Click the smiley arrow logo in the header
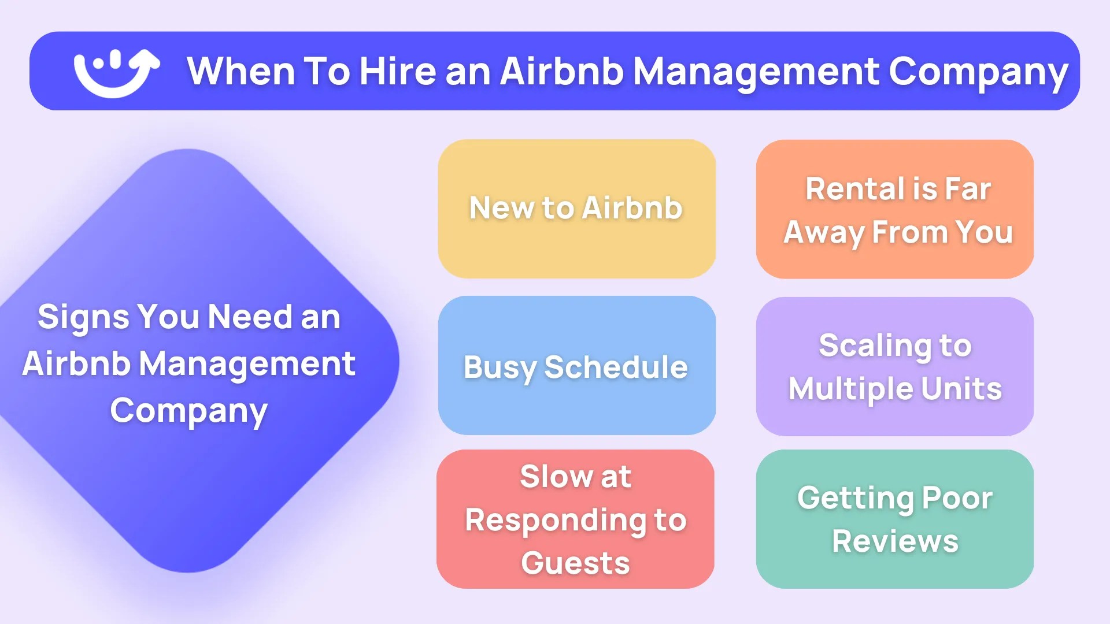pyautogui.click(x=116, y=72)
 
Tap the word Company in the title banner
pyautogui.click(x=978, y=72)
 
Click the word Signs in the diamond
pyautogui.click(x=83, y=317)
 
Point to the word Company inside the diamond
pyautogui.click(x=188, y=411)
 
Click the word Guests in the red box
pyautogui.click(x=575, y=563)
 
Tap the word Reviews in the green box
pyautogui.click(x=895, y=541)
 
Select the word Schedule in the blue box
pyautogui.click(x=616, y=367)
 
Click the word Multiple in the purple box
pyautogui.click(x=850, y=389)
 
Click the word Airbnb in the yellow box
pyautogui.click(x=632, y=208)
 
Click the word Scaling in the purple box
pyautogui.click(x=874, y=346)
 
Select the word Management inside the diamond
pyautogui.click(x=247, y=364)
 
